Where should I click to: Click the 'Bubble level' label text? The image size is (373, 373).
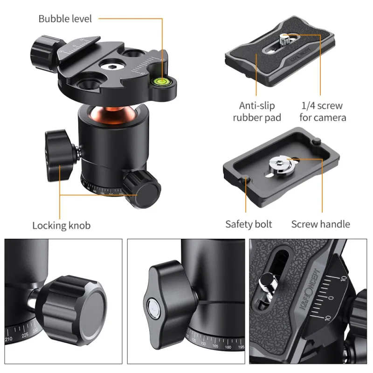[x=65, y=19]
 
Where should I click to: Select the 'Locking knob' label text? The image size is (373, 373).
[x=61, y=226]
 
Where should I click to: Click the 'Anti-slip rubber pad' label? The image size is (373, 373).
[x=257, y=111]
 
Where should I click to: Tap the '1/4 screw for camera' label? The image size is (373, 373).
[x=323, y=111]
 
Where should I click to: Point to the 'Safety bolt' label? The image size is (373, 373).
[x=249, y=224]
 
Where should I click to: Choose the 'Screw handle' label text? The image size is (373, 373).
[x=320, y=224]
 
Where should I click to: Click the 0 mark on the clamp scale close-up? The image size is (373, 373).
[x=331, y=297]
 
